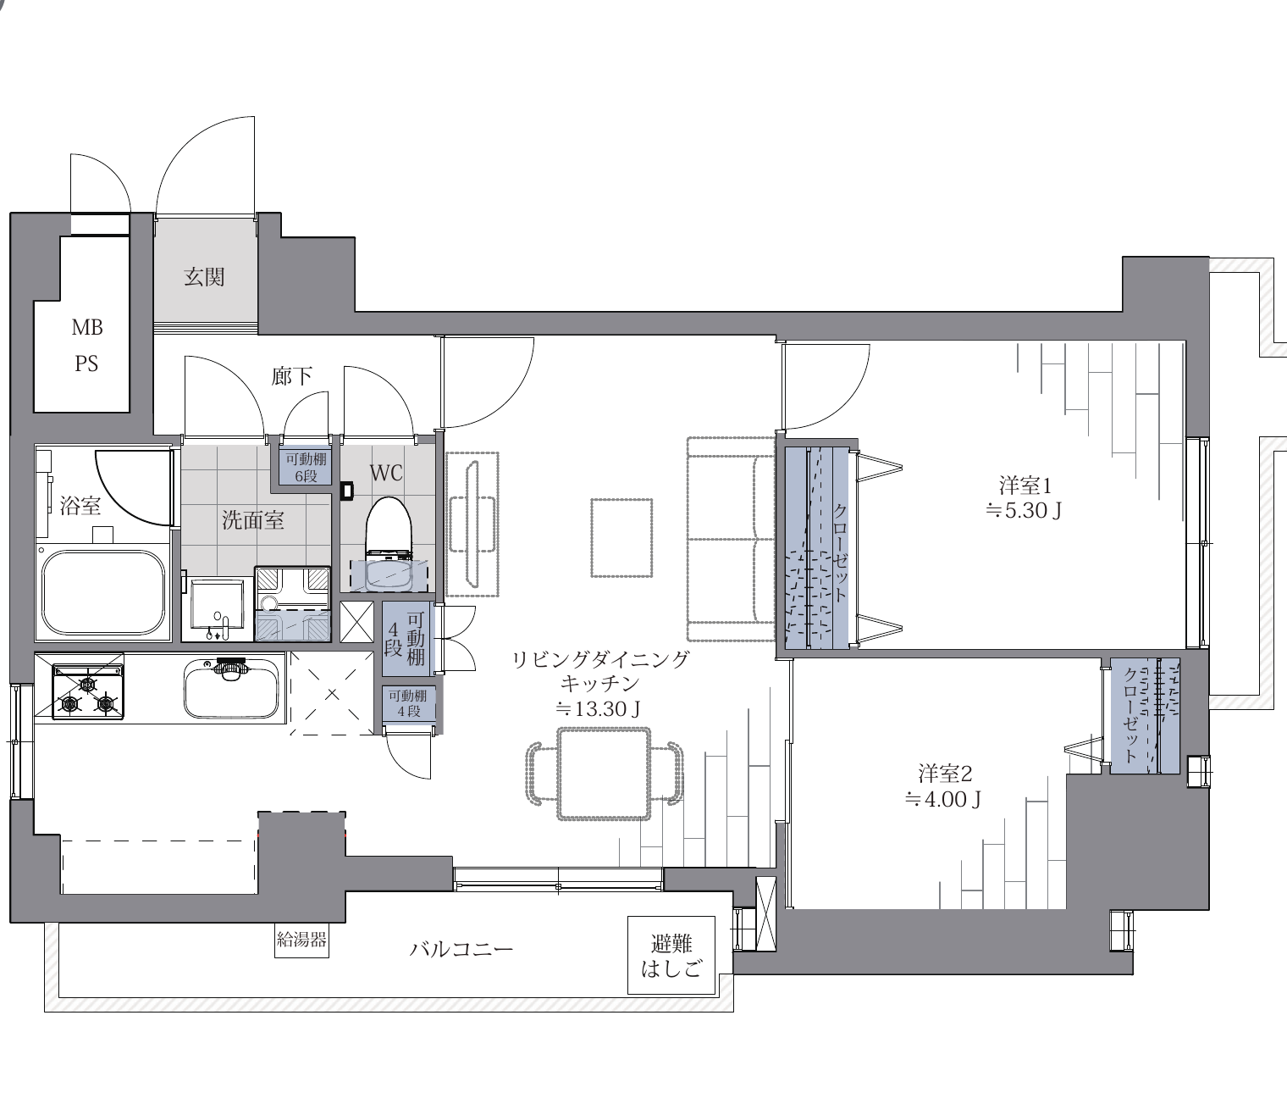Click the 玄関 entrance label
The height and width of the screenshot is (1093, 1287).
tap(204, 277)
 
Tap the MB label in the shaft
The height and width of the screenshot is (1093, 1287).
tap(87, 327)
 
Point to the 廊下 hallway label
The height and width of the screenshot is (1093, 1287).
tap(291, 375)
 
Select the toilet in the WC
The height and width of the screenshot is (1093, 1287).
tap(389, 543)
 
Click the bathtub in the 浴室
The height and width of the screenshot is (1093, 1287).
tap(103, 591)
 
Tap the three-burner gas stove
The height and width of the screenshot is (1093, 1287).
tap(88, 691)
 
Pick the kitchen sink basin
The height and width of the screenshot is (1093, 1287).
tap(231, 689)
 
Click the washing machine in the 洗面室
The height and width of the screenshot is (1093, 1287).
tap(292, 603)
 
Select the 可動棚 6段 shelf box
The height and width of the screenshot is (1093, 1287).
tap(306, 468)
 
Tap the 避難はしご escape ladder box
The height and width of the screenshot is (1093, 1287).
tap(671, 955)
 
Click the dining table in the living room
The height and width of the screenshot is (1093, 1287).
tap(604, 774)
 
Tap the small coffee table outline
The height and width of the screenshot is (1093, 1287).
tap(621, 538)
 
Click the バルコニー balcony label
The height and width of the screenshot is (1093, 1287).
tap(461, 950)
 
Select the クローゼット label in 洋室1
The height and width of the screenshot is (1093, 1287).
tap(840, 552)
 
